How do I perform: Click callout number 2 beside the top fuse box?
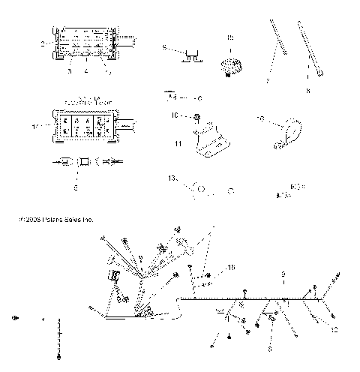coord(43,45)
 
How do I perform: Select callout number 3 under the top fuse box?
coord(70,72)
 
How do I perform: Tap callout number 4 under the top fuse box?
coord(86,72)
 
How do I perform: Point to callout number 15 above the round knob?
coord(230,37)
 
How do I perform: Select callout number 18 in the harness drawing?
coord(231,267)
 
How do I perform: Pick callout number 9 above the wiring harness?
coord(283,275)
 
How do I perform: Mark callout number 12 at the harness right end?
coord(334,328)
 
